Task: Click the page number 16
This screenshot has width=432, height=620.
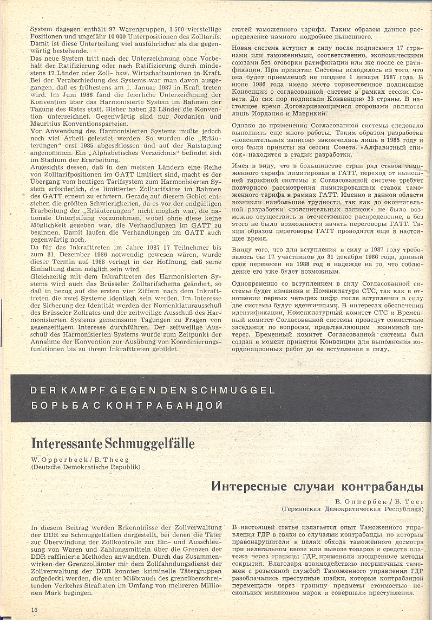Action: [x=34, y=610]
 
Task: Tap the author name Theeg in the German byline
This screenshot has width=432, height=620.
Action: [x=116, y=460]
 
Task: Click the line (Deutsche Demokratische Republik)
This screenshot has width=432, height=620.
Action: [x=86, y=467]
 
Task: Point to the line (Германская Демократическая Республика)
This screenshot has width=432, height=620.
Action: [x=352, y=509]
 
